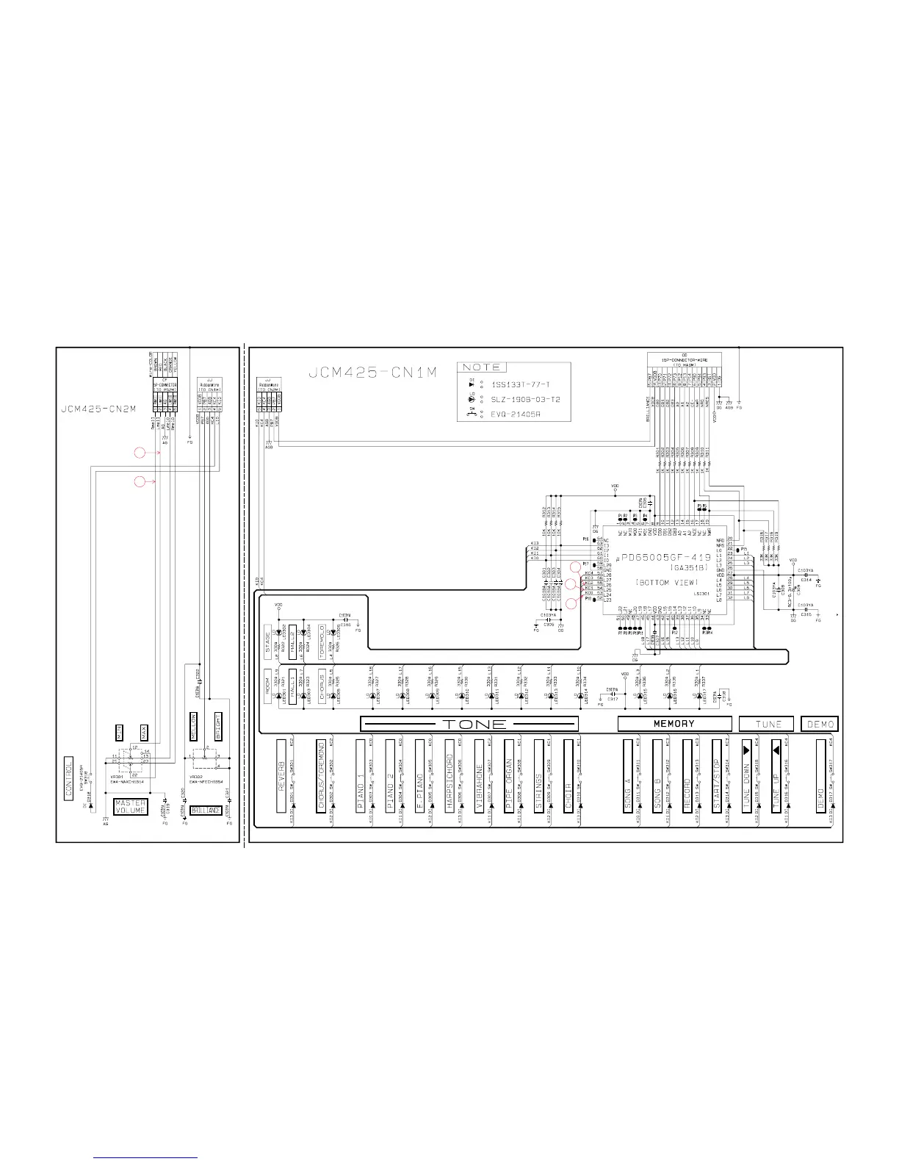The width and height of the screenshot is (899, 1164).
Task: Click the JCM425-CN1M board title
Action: point(374,373)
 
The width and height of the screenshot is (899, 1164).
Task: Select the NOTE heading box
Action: point(481,367)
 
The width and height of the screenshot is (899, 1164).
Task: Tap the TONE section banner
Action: point(469,724)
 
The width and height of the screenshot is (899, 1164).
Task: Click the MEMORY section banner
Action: point(674,724)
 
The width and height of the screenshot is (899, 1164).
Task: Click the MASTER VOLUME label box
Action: point(131,807)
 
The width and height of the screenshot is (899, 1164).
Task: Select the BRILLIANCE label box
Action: point(206,810)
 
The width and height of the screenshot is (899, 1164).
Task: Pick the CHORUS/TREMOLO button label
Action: point(321,775)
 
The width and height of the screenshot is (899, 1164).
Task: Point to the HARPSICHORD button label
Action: point(449,775)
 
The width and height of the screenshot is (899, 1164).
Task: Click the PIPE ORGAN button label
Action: point(508,775)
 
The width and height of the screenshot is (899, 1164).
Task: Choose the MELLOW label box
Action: point(194,727)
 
